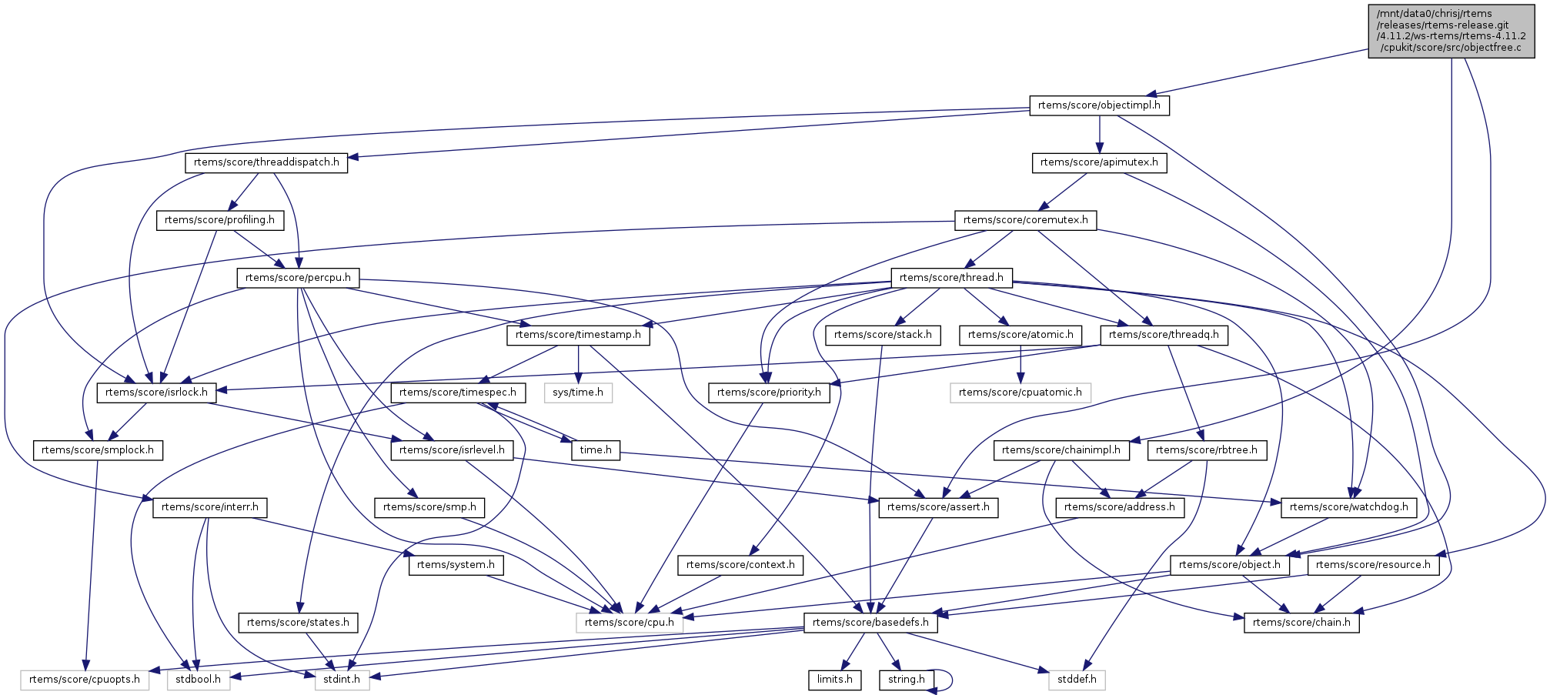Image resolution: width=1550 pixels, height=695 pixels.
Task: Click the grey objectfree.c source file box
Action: [1451, 31]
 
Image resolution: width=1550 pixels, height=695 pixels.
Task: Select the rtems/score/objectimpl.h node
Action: [1099, 105]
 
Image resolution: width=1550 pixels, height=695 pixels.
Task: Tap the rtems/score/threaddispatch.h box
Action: [266, 162]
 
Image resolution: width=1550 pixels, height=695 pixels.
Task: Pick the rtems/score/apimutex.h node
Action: [1099, 162]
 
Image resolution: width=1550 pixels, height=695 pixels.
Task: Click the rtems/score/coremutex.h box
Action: [1025, 220]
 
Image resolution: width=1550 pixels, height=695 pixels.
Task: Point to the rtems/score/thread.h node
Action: [951, 278]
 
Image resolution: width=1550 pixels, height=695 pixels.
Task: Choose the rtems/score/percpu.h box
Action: [298, 278]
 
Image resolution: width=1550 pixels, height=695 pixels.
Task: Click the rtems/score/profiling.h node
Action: [219, 220]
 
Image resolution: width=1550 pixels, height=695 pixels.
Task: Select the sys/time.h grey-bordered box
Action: [578, 393]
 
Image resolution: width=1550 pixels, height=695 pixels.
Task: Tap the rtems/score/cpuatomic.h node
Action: [1020, 393]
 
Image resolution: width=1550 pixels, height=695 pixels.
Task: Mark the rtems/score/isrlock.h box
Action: [156, 393]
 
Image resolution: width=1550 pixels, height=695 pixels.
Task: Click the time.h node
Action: [596, 450]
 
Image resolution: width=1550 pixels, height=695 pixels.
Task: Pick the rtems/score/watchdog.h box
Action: [1348, 507]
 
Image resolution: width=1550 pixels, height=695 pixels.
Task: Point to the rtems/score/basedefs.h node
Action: [870, 623]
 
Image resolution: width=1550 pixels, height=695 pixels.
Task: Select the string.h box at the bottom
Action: [906, 680]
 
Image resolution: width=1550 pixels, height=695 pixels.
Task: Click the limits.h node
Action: [834, 680]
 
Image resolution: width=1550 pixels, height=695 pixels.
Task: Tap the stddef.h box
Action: [1076, 680]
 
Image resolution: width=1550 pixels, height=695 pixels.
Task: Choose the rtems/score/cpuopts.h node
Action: [85, 680]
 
